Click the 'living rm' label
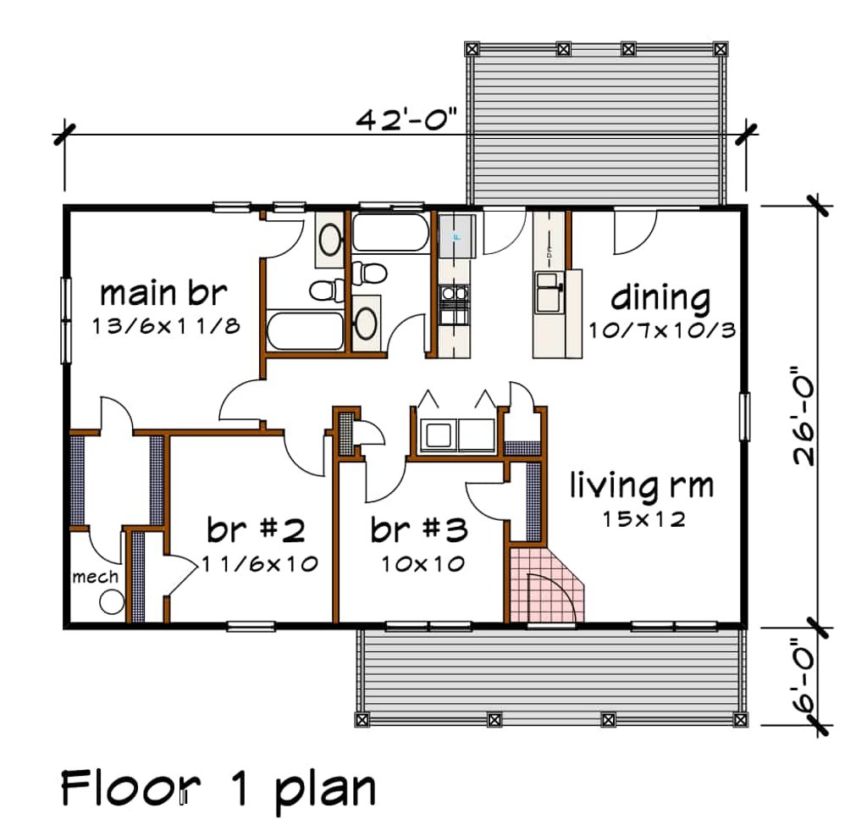(641, 486)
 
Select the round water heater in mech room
(111, 602)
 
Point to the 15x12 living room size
(643, 518)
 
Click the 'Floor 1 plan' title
(218, 789)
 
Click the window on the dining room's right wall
(744, 416)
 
